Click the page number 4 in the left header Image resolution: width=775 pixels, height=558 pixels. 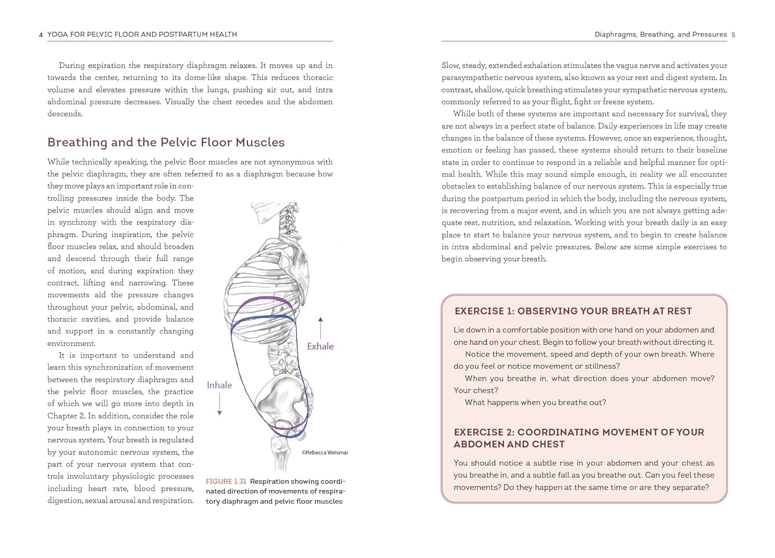(x=41, y=35)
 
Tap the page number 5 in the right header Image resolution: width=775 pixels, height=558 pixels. (x=733, y=35)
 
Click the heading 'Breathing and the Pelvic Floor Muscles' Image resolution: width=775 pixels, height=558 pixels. (x=166, y=142)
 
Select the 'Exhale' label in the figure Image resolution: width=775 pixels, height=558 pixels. (x=320, y=346)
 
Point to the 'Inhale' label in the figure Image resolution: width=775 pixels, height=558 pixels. (x=219, y=385)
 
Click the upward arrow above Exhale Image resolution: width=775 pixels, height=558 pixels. (x=321, y=328)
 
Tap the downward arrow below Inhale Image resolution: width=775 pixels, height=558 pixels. (x=220, y=404)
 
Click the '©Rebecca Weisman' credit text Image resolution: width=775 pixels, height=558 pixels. (x=324, y=453)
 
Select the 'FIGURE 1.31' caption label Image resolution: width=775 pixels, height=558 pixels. (x=226, y=481)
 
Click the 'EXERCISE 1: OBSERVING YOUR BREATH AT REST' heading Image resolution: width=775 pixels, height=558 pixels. (x=573, y=311)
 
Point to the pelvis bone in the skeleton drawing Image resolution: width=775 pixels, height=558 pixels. (x=282, y=393)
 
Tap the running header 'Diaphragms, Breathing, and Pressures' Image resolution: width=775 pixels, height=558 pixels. (x=660, y=35)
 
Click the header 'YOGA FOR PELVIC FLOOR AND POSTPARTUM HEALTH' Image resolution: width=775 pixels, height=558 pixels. (x=142, y=35)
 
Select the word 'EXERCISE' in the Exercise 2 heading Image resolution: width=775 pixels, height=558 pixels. (x=479, y=432)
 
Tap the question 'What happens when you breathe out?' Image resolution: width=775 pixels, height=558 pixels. (x=535, y=402)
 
